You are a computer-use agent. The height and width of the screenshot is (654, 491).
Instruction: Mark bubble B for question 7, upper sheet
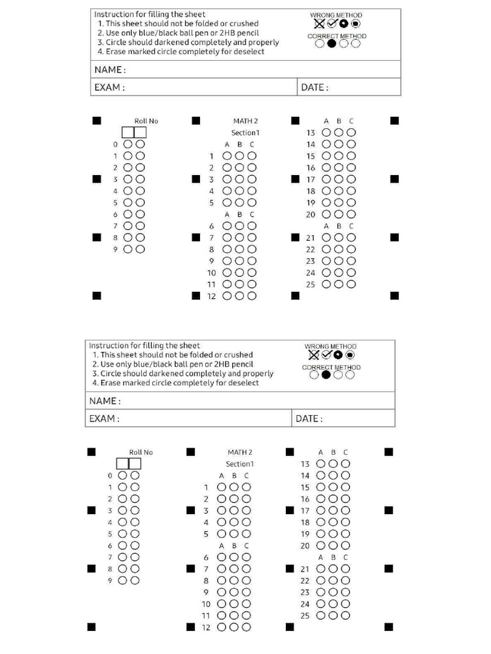239,238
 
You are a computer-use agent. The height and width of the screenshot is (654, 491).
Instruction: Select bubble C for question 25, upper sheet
351,284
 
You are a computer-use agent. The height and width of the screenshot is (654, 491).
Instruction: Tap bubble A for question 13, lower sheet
321,464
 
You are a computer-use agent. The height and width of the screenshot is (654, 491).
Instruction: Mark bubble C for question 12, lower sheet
246,627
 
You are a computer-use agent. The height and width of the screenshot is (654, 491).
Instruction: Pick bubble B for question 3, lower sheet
234,510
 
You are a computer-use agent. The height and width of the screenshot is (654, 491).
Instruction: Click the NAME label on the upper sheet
110,70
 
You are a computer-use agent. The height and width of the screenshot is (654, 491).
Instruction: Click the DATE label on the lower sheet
309,419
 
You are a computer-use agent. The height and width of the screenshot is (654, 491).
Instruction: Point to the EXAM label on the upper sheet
109,87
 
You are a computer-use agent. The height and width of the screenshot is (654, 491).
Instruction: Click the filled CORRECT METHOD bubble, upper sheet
331,44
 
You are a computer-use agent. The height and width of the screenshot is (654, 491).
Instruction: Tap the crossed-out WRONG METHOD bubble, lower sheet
313,354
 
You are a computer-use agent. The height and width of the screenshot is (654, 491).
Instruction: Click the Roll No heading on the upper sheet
146,121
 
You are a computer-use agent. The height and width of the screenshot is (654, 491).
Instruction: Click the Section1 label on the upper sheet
245,132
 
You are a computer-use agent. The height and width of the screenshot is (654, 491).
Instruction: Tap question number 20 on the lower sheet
305,545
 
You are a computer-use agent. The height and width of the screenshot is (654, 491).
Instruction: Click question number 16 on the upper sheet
311,168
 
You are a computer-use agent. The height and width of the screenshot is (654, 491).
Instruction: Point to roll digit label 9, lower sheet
110,581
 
